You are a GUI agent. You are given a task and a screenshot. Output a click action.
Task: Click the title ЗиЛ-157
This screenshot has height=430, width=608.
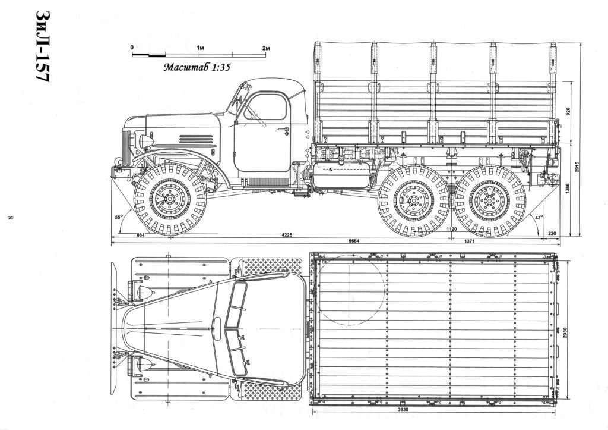pyautogui.click(x=43, y=46)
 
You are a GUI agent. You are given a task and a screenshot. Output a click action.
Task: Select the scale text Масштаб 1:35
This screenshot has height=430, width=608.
pyautogui.click(x=197, y=67)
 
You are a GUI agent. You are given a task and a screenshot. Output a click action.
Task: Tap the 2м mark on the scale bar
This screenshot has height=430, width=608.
pyautogui.click(x=265, y=48)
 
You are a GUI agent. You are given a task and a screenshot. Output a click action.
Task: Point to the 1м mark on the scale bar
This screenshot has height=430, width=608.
pyautogui.click(x=200, y=48)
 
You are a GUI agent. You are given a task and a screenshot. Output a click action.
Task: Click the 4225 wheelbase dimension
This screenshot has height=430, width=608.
pyautogui.click(x=287, y=234)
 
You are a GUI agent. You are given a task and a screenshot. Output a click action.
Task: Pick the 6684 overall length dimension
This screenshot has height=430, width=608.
pyautogui.click(x=354, y=241)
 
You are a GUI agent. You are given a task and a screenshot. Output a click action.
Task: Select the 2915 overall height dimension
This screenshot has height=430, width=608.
pyautogui.click(x=577, y=167)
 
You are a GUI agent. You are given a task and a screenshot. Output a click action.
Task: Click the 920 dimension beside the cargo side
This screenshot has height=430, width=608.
pyautogui.click(x=568, y=112)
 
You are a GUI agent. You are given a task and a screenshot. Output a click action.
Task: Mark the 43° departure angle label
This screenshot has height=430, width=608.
pyautogui.click(x=538, y=218)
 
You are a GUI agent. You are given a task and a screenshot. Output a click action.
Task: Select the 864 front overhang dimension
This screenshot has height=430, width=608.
pyautogui.click(x=141, y=235)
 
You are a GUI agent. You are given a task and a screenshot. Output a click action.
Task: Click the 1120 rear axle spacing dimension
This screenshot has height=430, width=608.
pyautogui.click(x=452, y=229)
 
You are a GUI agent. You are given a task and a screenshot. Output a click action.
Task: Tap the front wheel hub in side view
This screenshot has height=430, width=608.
pyautogui.click(x=169, y=199)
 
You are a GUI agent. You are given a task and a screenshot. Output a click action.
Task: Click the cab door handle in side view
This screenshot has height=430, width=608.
pyautogui.click(x=284, y=129)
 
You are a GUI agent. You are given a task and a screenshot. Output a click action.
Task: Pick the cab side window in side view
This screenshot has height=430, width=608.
pyautogui.click(x=267, y=107)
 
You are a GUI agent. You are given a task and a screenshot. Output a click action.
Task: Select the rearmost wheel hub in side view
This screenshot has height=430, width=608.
pyautogui.click(x=489, y=200)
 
